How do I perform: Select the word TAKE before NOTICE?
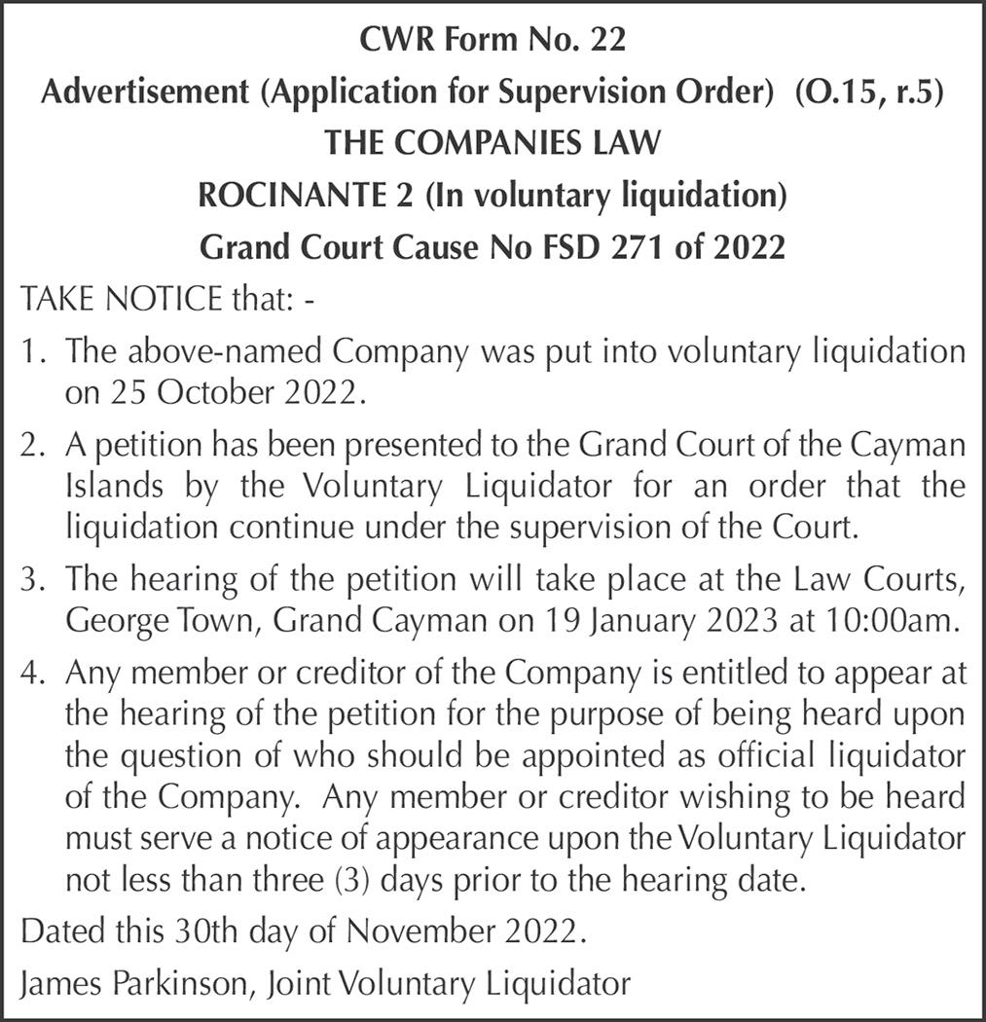(x=55, y=298)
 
